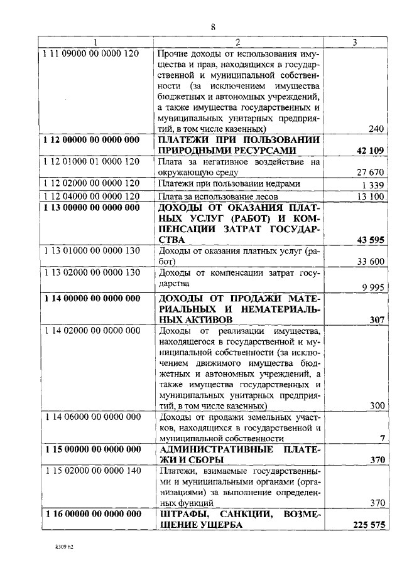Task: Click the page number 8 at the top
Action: (213, 27)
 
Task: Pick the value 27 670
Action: (370, 172)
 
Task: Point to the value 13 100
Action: (370, 196)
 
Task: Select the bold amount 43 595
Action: (370, 240)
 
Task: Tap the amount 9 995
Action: (372, 286)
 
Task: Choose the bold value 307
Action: (376, 319)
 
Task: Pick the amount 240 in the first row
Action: (376, 129)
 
